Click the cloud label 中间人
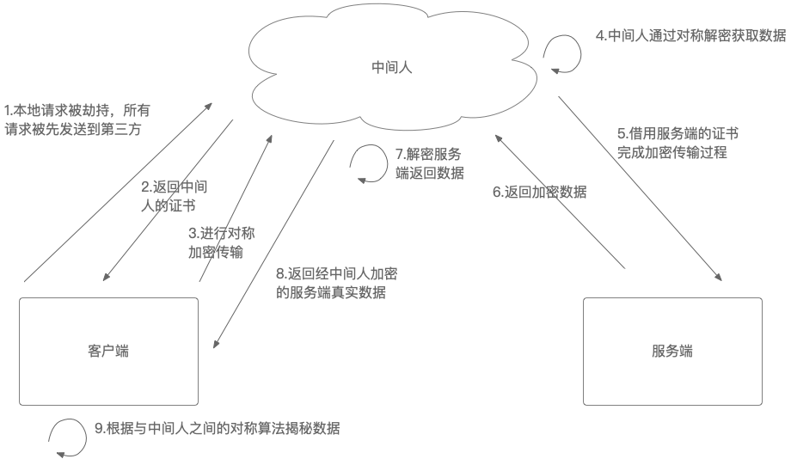click(391, 66)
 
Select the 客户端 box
click(109, 378)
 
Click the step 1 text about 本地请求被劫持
click(77, 119)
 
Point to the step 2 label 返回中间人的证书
click(174, 196)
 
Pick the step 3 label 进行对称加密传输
click(221, 242)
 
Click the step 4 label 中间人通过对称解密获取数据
click(690, 36)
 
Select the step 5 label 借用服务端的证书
click(678, 143)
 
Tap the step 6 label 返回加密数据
click(539, 193)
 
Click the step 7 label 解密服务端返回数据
click(429, 163)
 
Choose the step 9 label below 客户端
click(217, 428)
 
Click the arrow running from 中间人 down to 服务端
click(640, 188)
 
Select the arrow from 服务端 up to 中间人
click(561, 202)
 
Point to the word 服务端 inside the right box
click(672, 352)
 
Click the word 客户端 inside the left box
click(108, 352)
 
